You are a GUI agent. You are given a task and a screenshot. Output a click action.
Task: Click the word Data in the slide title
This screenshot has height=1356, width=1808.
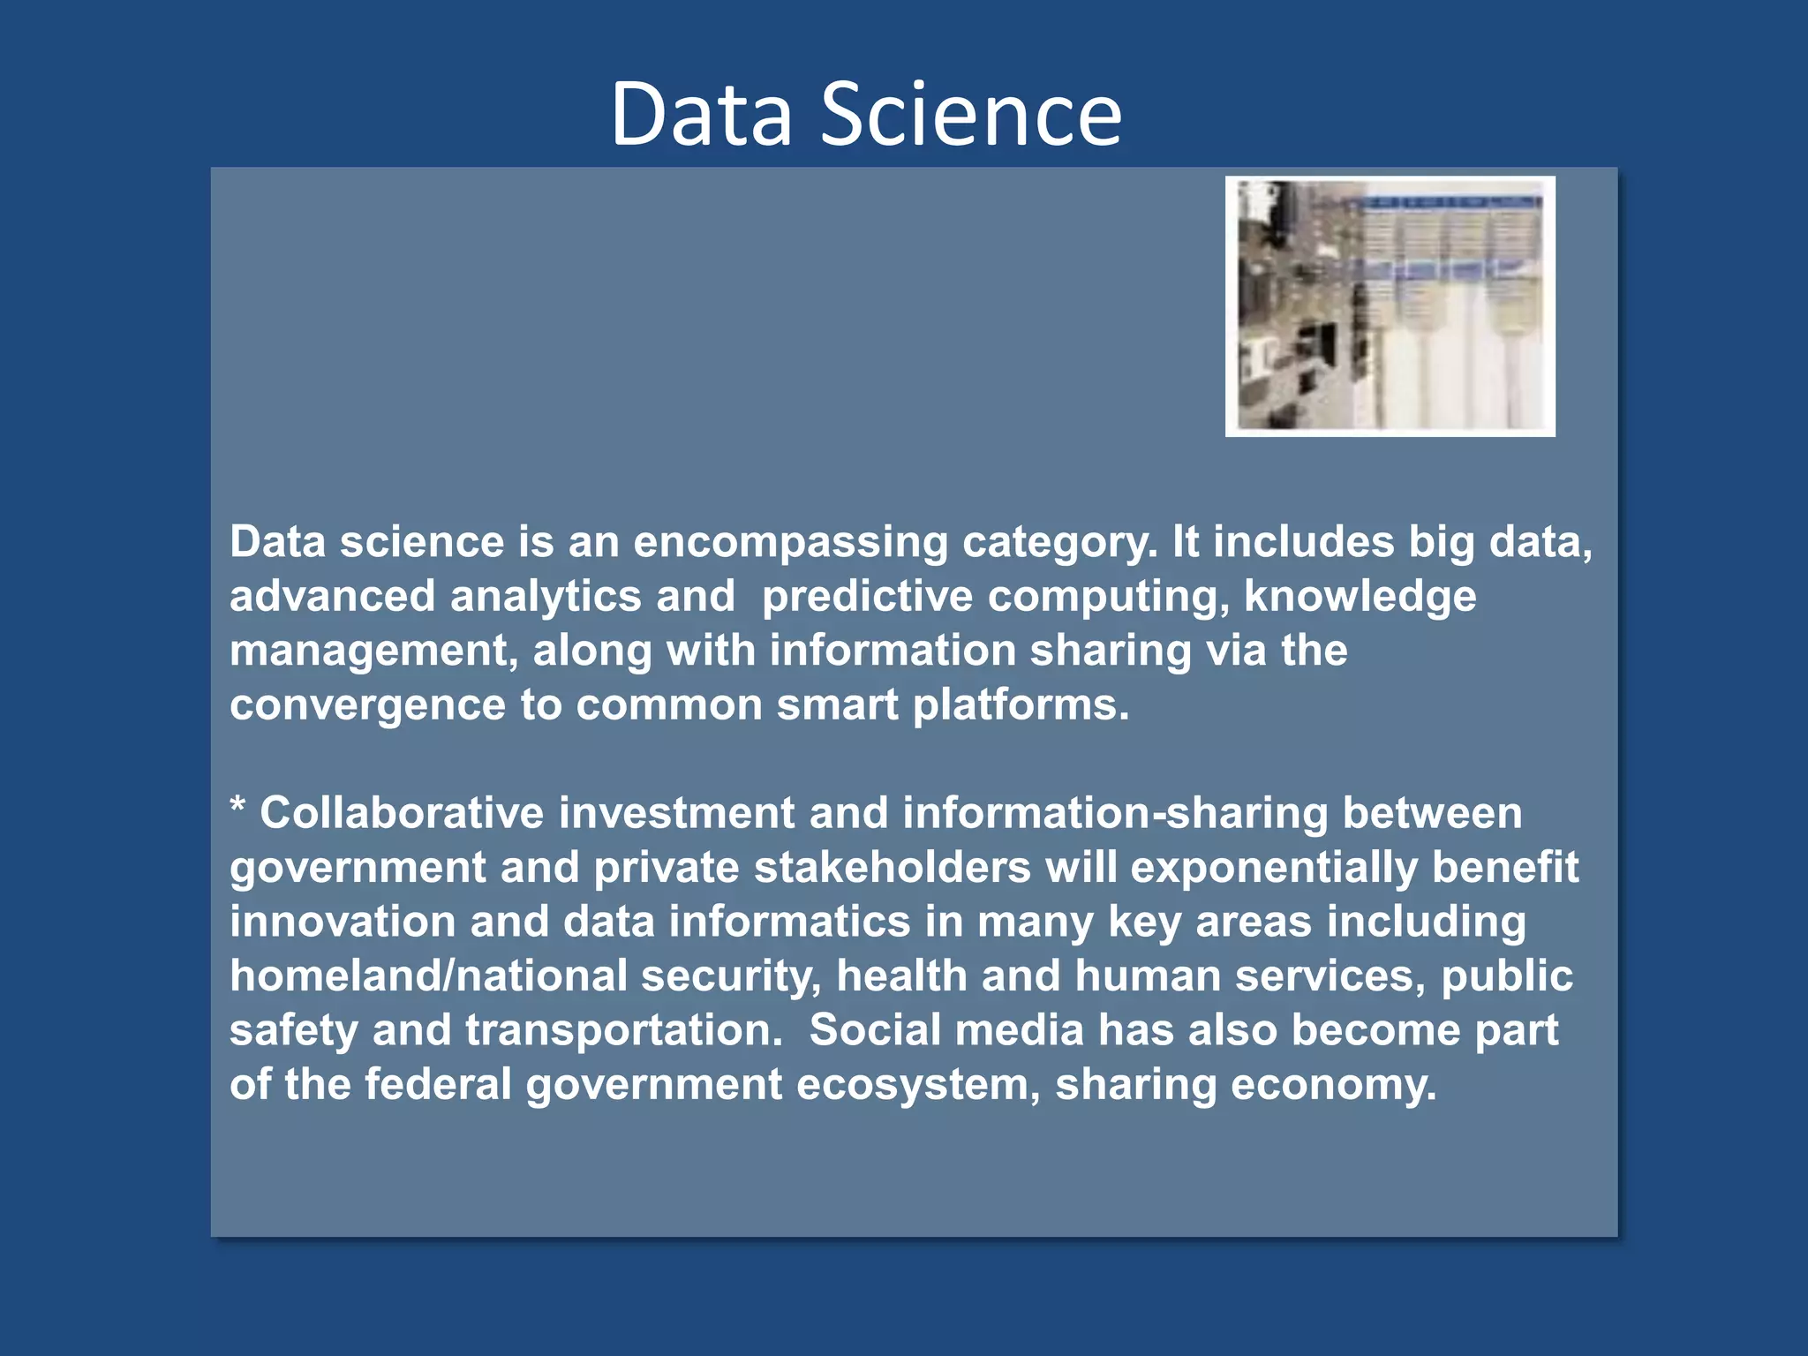(x=702, y=115)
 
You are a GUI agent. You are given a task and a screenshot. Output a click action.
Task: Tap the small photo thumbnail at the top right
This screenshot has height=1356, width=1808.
(x=1390, y=305)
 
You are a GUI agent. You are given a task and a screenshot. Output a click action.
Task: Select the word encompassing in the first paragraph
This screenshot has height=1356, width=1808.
(x=790, y=542)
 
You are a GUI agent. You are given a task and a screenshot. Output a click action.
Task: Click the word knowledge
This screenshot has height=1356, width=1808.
(x=1360, y=597)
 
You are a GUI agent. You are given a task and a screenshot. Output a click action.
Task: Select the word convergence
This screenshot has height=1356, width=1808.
(x=367, y=706)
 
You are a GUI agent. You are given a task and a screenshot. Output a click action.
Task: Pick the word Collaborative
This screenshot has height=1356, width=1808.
(x=401, y=813)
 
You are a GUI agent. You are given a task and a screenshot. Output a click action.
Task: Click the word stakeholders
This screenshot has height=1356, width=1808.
(x=892, y=868)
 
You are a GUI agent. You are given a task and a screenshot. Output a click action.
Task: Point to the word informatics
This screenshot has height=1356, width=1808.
(x=789, y=922)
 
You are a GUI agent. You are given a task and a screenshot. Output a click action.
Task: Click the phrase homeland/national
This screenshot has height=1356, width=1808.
(x=428, y=976)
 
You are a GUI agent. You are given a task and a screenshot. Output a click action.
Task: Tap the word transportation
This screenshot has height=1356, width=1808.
(x=623, y=1031)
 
